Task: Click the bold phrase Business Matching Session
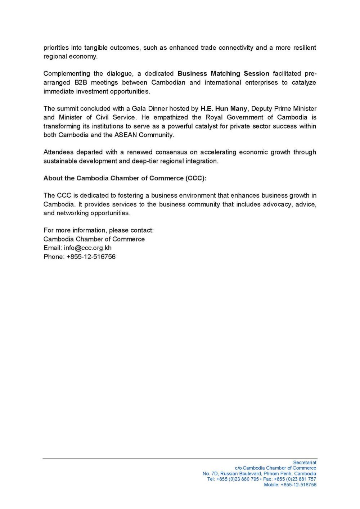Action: point(223,73)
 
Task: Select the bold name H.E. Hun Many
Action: point(224,108)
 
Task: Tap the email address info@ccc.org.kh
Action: point(88,248)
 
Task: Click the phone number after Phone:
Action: point(91,257)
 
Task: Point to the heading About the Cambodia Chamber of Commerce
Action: point(125,178)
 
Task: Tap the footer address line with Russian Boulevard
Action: point(259,474)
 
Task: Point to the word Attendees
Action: point(58,152)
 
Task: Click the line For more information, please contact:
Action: point(98,230)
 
